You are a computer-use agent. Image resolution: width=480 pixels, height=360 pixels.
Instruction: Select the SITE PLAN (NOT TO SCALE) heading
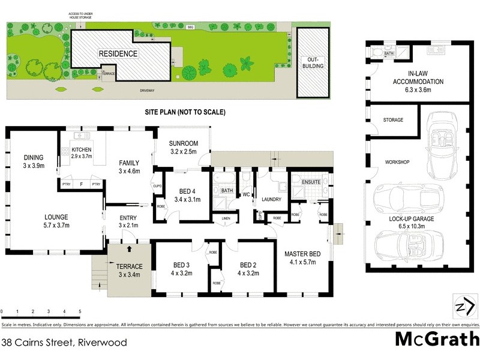click(x=184, y=112)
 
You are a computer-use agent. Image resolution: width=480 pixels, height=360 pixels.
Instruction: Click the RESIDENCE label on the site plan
click(x=118, y=54)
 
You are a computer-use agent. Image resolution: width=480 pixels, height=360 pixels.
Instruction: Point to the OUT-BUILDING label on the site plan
click(x=316, y=63)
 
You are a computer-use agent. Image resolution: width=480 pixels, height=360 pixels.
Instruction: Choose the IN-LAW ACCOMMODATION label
click(x=418, y=77)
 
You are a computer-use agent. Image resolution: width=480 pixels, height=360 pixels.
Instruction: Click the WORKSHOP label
click(x=397, y=163)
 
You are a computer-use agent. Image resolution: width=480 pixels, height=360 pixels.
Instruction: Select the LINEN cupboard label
click(x=226, y=218)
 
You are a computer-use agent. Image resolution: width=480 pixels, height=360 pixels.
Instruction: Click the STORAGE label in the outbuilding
click(x=393, y=120)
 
